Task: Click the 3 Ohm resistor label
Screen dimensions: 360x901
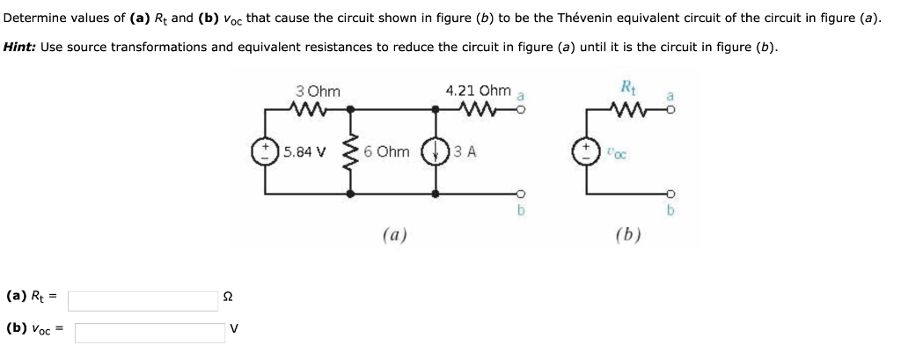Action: click(318, 91)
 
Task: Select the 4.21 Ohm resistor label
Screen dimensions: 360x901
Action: click(478, 91)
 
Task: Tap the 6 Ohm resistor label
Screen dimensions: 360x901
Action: click(385, 151)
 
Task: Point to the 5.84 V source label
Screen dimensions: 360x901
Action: click(304, 151)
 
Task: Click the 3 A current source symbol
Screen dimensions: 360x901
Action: click(439, 151)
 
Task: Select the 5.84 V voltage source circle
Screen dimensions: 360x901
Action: click(266, 151)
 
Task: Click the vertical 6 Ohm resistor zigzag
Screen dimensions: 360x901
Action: click(354, 151)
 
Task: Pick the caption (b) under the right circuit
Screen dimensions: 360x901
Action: click(627, 235)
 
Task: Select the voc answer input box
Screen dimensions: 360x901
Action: click(150, 332)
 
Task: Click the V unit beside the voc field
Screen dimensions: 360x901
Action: click(233, 329)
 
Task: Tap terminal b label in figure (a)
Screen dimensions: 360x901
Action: click(520, 211)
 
